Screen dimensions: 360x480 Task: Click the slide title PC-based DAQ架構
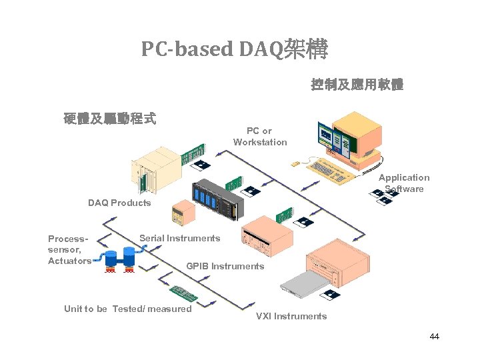234,49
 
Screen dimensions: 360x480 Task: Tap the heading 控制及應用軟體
357,85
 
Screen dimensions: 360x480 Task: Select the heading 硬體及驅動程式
110,119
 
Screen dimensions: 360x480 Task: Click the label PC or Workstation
260,137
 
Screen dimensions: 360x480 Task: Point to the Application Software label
404,183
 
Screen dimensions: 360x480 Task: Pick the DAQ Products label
119,203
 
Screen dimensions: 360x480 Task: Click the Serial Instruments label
179,238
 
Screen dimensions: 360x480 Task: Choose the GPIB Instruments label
225,266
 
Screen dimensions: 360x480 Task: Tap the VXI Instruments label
291,316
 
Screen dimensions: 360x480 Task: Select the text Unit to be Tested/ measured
127,309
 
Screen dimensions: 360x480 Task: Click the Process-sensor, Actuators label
69,249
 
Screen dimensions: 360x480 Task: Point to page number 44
435,337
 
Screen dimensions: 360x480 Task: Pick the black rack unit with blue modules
217,201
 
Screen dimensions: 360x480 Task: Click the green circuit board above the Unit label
180,292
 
